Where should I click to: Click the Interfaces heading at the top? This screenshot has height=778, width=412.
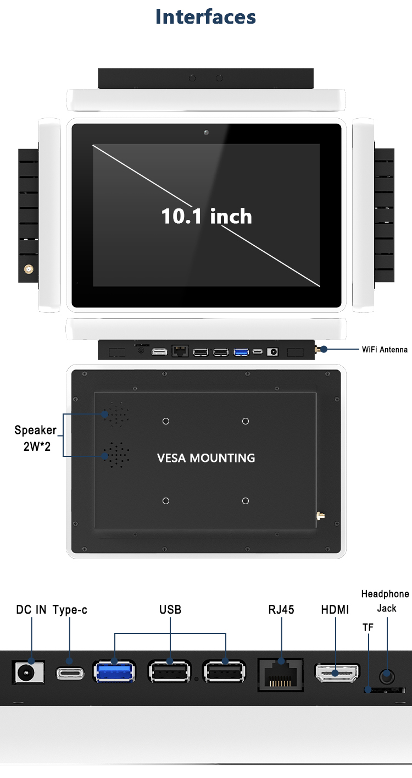[x=206, y=17]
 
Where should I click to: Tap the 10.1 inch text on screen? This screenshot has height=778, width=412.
[x=207, y=216]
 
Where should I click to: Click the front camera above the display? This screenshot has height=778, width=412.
[x=206, y=133]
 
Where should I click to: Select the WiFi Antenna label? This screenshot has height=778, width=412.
[x=385, y=349]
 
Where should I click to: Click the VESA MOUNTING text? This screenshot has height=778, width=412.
[x=206, y=458]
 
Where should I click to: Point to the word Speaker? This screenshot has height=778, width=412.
[x=35, y=430]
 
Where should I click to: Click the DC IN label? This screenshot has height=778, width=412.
[x=31, y=609]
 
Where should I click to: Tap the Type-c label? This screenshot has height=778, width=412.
[x=70, y=609]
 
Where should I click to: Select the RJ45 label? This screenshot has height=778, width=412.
[x=281, y=609]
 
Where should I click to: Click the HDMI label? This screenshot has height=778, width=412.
[x=335, y=609]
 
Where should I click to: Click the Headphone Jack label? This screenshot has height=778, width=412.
[x=385, y=601]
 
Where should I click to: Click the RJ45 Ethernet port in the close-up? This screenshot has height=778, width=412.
[x=281, y=674]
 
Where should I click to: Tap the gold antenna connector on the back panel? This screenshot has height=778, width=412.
[x=319, y=516]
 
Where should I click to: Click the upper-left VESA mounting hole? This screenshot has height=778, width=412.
[x=166, y=421]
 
